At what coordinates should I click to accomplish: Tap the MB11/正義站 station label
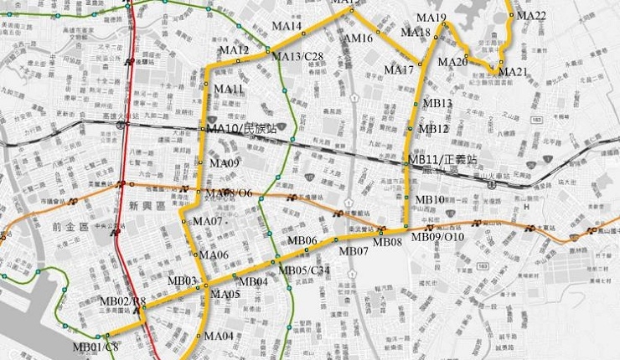click(442, 158)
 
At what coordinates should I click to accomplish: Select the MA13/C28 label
click(298, 56)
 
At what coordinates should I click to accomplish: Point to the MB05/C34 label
click(304, 270)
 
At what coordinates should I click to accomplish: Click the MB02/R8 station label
click(122, 301)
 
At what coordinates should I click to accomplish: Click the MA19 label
click(431, 18)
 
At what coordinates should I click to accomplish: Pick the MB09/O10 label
click(440, 238)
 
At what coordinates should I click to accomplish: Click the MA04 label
click(219, 336)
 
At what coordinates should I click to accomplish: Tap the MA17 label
click(400, 69)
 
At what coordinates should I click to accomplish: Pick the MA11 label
click(229, 89)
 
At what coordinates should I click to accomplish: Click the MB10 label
click(431, 199)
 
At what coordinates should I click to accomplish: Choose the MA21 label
click(513, 73)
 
